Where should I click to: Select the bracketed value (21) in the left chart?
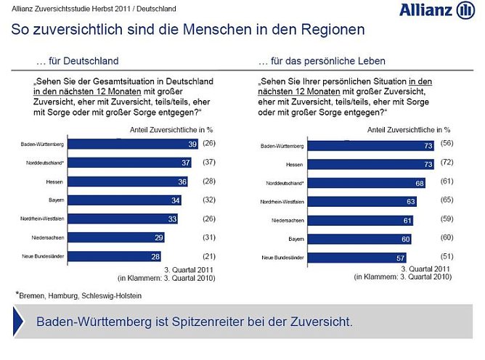point(211,255)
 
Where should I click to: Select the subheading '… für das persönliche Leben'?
point(322,61)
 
